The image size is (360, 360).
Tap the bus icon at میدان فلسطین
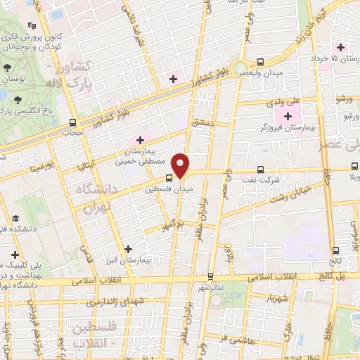[x=169, y=179]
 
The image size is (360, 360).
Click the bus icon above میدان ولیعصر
[x=261, y=63]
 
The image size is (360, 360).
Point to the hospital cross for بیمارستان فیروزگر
[x=288, y=115]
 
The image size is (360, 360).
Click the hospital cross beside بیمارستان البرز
[x=128, y=249]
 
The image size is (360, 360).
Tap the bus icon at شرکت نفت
[x=261, y=169]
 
